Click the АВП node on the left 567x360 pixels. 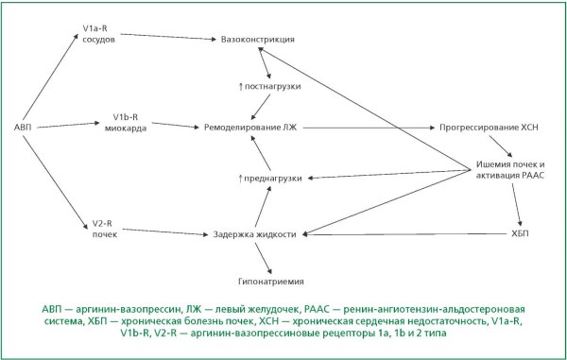[23, 128]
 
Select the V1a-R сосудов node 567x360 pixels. [98, 34]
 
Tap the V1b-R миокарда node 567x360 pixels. [126, 123]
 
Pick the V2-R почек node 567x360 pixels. [105, 229]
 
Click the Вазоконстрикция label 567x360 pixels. [257, 39]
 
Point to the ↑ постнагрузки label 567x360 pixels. [269, 87]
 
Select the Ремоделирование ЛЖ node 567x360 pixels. [250, 128]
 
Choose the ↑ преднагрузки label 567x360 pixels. [270, 179]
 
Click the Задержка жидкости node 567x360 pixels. [254, 234]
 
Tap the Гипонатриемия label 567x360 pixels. [271, 282]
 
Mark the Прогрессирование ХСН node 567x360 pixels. [489, 128]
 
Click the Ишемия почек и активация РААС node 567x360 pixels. [510, 170]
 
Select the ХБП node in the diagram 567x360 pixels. [520, 233]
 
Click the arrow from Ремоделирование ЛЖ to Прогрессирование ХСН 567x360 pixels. [369, 128]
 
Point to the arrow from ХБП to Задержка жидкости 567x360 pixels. [404, 234]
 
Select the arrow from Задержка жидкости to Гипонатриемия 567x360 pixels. [264, 258]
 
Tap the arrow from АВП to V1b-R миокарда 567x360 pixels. [68, 125]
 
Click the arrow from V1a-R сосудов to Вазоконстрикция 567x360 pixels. [168, 37]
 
